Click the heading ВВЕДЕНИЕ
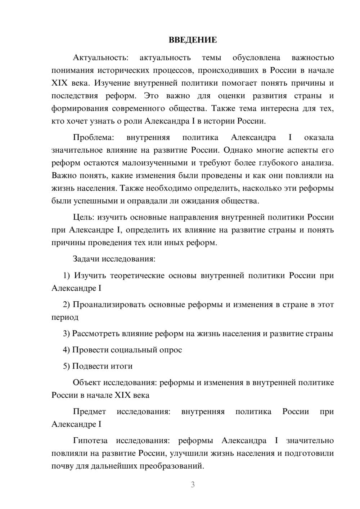point(193,40)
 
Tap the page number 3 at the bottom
point(193,485)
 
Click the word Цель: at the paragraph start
point(84,217)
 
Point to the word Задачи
point(86,259)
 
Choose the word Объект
point(87,382)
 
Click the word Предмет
point(89,411)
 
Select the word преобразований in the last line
point(172,466)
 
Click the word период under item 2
point(65,317)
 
